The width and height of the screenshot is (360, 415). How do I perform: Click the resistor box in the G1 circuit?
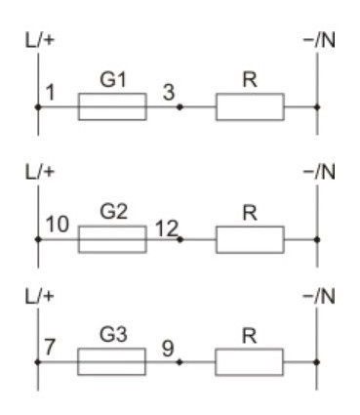250,106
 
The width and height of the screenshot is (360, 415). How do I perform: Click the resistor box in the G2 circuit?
250,238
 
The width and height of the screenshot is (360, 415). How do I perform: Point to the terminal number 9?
167,349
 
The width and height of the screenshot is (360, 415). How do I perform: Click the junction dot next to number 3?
180,106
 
